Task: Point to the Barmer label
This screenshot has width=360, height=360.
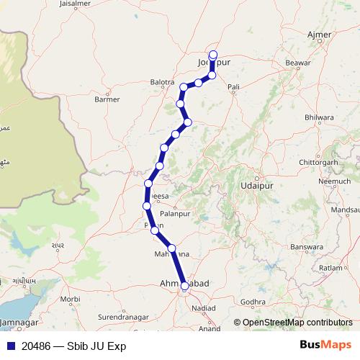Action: point(107,99)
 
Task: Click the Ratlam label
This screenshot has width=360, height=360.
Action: point(331,267)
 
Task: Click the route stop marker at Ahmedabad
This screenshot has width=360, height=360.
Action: point(185,286)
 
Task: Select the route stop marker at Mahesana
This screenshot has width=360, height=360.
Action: point(171,248)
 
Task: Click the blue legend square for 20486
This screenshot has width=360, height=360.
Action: point(9,346)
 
